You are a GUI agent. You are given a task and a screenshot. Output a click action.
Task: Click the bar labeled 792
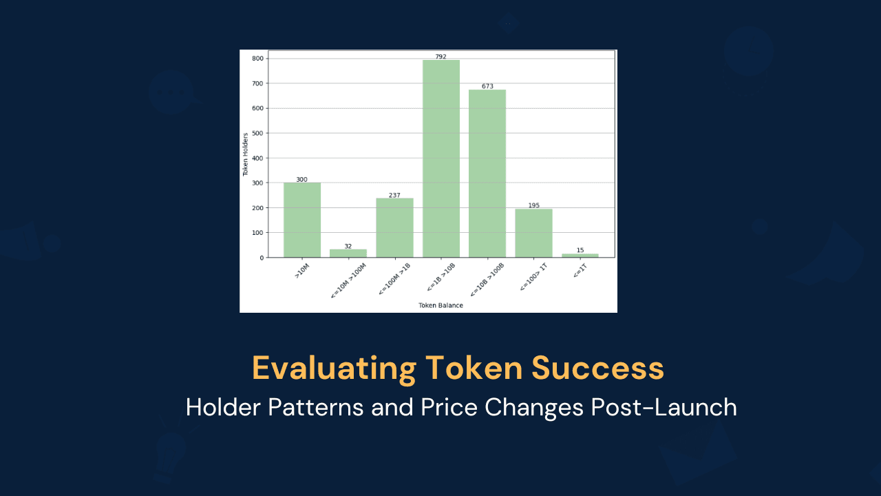click(x=440, y=158)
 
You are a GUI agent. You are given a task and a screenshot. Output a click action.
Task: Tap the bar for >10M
click(x=301, y=220)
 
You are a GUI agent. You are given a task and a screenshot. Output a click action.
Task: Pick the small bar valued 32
click(x=348, y=253)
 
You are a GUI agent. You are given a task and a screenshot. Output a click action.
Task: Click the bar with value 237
click(x=394, y=227)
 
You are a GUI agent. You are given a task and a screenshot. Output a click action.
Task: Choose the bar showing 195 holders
click(x=533, y=233)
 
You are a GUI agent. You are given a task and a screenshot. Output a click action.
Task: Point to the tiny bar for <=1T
click(x=580, y=256)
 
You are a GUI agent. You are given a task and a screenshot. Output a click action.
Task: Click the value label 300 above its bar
click(x=301, y=179)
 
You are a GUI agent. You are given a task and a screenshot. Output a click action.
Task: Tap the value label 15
click(x=580, y=250)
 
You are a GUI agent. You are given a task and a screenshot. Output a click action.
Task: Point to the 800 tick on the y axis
click(x=257, y=59)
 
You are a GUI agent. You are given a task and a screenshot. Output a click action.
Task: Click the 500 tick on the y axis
click(x=257, y=133)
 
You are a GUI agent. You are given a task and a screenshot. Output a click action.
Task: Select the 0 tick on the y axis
click(x=260, y=258)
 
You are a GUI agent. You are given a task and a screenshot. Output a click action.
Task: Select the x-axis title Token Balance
click(x=440, y=305)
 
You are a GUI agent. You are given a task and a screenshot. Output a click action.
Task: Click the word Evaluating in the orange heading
click(x=334, y=368)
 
